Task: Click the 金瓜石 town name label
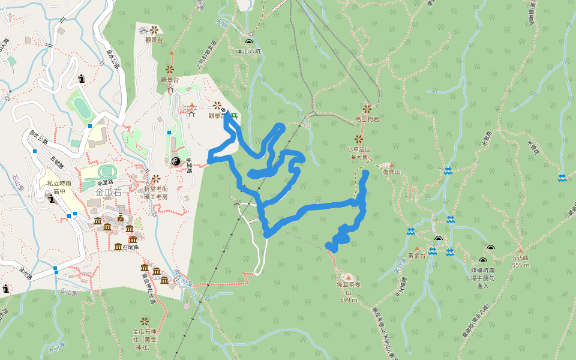tap(109, 193)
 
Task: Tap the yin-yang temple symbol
tap(176, 161)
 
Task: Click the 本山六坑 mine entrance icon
tap(249, 42)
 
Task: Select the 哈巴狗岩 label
tap(367, 119)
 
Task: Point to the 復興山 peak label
tap(392, 172)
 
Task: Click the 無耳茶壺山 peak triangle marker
tap(348, 277)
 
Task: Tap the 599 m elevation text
tap(349, 299)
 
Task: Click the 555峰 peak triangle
tap(520, 250)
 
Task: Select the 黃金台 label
tap(416, 256)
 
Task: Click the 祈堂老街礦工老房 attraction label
tap(156, 193)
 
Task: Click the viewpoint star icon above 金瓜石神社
tap(145, 322)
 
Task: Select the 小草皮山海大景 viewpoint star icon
tap(359, 139)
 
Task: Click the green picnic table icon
tap(234, 116)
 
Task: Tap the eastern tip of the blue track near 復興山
tap(366, 173)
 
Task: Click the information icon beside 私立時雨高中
tap(52, 199)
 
